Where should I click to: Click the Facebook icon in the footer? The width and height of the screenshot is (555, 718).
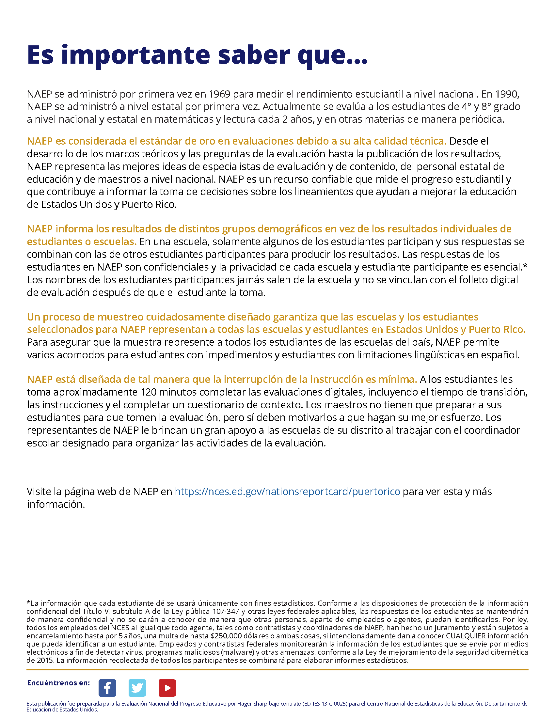click(107, 688)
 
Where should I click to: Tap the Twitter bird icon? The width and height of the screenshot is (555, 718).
click(137, 688)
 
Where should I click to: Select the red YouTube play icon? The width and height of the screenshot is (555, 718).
click(167, 688)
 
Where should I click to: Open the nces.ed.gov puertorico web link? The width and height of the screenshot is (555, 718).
click(287, 491)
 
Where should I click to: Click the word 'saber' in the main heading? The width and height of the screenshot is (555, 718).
click(254, 55)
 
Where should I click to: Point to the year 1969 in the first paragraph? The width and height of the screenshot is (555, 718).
click(219, 94)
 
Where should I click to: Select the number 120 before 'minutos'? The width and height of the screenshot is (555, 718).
click(149, 392)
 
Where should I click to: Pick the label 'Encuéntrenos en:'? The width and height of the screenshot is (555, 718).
click(58, 683)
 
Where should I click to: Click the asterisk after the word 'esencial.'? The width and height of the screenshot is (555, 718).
click(525, 266)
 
